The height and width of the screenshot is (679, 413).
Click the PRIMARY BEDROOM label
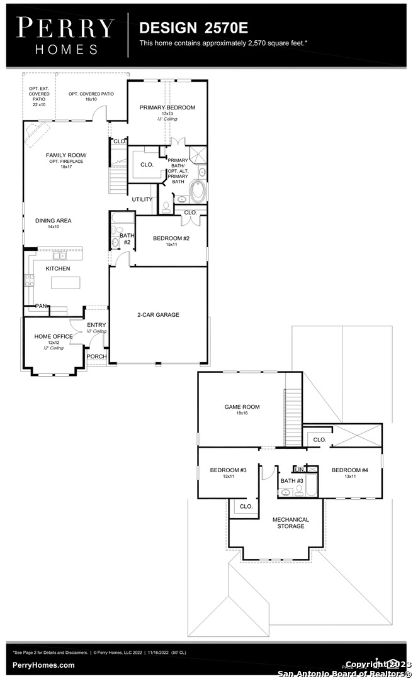click(x=167, y=108)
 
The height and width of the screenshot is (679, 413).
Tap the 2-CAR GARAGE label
click(x=158, y=314)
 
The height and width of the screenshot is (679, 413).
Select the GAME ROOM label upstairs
click(x=242, y=407)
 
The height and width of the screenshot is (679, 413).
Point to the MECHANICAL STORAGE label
click(x=290, y=523)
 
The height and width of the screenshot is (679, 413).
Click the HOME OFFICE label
click(x=54, y=336)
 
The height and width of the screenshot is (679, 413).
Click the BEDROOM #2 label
click(x=171, y=238)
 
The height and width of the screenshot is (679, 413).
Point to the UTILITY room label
click(x=142, y=200)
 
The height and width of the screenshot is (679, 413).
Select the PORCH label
click(x=96, y=356)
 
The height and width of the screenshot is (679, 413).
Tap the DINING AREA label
click(x=53, y=221)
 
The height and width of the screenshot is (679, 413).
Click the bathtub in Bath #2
click(x=123, y=218)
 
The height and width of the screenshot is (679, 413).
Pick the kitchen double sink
click(x=60, y=256)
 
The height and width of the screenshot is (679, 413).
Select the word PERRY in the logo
click(x=65, y=28)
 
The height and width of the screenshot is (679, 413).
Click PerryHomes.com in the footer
click(x=43, y=665)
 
